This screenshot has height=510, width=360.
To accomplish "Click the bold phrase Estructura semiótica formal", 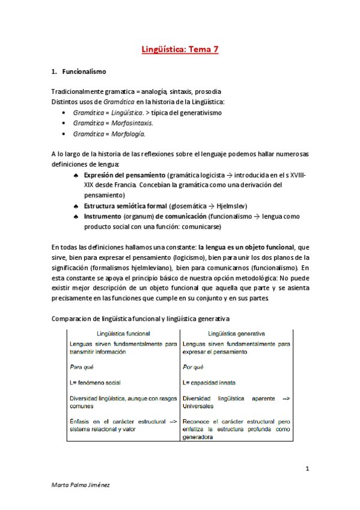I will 126,206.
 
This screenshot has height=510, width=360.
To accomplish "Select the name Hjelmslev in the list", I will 229,206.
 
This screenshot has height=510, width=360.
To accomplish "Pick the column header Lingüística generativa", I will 237,333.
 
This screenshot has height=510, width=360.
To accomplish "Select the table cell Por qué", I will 193,366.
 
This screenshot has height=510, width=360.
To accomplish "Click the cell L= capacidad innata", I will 209,382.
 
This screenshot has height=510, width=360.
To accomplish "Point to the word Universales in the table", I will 201,406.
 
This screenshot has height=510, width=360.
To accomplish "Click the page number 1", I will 307,468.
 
